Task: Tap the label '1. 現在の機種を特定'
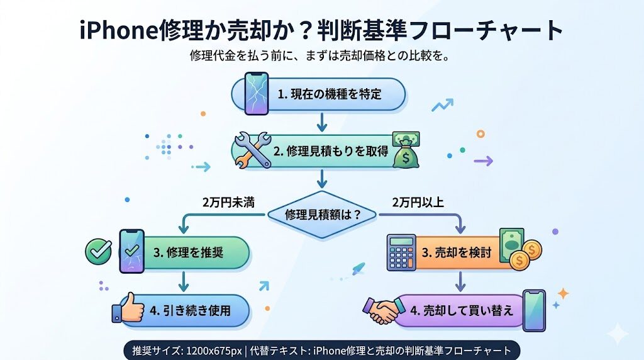[x=330, y=94]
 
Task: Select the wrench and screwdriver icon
[x=251, y=150]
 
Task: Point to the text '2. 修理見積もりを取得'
[x=331, y=151]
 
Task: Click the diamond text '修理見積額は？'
[x=323, y=214]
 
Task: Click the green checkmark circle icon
[x=98, y=251]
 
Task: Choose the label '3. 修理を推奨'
[x=189, y=252]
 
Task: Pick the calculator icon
[x=401, y=251]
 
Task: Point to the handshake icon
[x=383, y=309]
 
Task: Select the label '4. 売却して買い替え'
[x=462, y=310]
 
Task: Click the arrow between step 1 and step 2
[x=322, y=121]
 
